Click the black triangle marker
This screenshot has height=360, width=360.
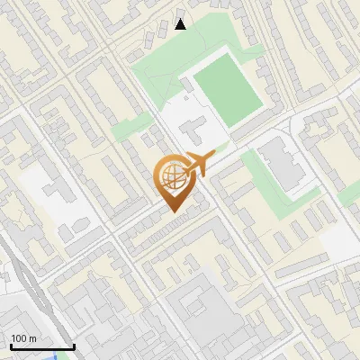point(181,24)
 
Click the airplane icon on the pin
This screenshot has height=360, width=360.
point(199,165)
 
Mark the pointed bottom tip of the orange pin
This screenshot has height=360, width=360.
point(173,212)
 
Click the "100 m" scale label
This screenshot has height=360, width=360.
point(23,338)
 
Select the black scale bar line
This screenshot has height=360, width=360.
point(41,346)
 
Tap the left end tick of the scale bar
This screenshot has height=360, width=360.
point(10,345)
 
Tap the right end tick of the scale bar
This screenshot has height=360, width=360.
point(74,345)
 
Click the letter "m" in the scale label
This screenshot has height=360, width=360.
point(32,338)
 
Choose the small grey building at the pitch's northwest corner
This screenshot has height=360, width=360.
point(184,85)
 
